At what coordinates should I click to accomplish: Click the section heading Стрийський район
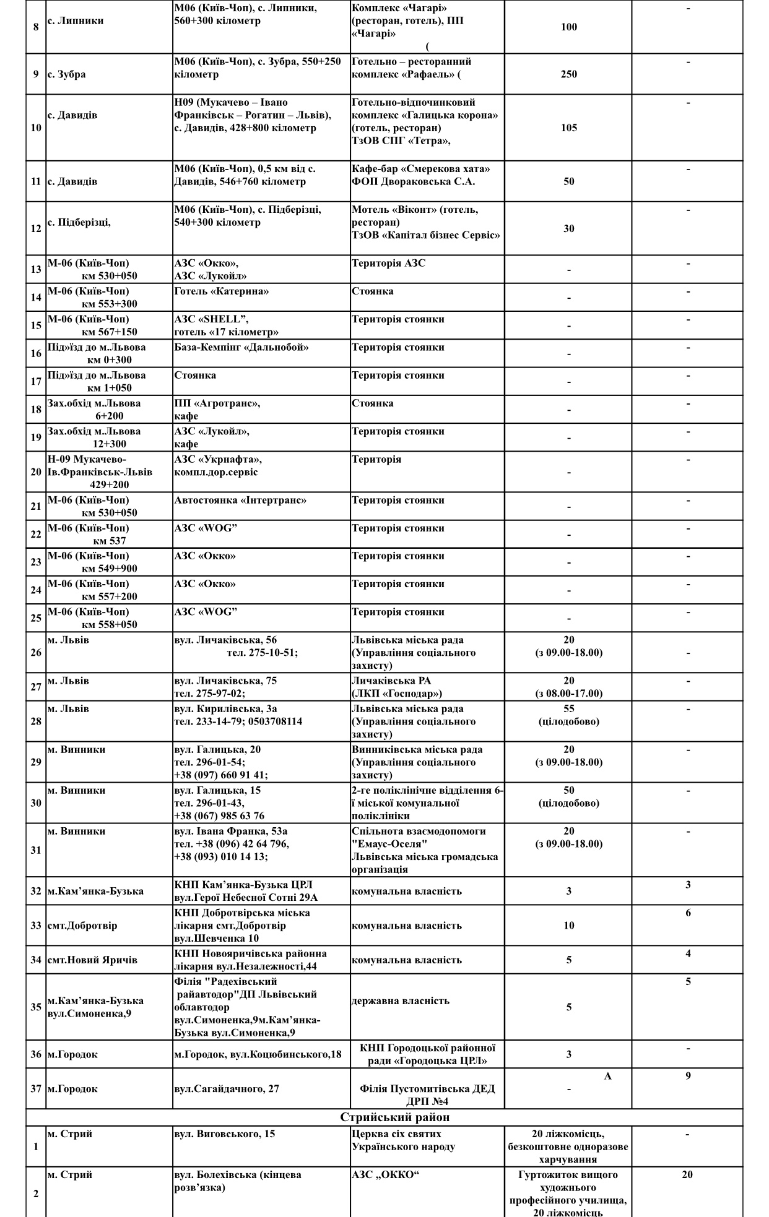[394, 1117]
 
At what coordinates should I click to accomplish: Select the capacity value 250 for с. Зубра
[568, 74]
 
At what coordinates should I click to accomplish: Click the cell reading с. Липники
[76, 20]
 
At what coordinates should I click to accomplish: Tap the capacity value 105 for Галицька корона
[568, 127]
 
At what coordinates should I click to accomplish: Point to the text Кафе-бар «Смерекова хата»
[420, 168]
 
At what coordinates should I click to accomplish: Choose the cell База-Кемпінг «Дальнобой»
[241, 347]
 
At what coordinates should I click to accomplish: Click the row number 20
[36, 471]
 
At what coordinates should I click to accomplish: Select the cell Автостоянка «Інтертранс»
[240, 500]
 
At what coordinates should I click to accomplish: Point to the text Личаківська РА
[391, 681]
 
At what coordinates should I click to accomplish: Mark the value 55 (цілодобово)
[568, 715]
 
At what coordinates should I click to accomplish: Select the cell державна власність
[399, 1000]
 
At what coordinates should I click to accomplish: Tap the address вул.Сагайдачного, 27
[226, 1088]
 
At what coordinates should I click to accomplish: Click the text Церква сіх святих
[396, 1133]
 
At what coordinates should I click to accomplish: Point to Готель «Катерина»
[221, 291]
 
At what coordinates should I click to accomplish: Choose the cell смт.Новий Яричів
[92, 960]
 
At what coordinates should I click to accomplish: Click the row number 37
[36, 1088]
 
